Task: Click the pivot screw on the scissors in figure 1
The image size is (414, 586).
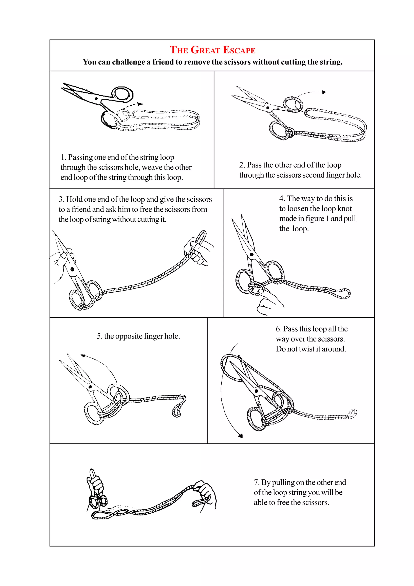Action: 96,98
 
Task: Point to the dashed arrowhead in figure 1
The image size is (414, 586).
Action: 140,104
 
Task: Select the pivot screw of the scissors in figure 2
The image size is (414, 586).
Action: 268,108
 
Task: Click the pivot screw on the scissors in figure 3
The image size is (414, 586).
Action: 72,269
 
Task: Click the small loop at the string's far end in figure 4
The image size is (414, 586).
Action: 344,294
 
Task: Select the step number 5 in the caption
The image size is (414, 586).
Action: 99,336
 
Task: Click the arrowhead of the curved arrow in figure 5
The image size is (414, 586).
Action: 83,355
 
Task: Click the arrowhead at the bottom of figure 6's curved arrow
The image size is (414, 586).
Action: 241,436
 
